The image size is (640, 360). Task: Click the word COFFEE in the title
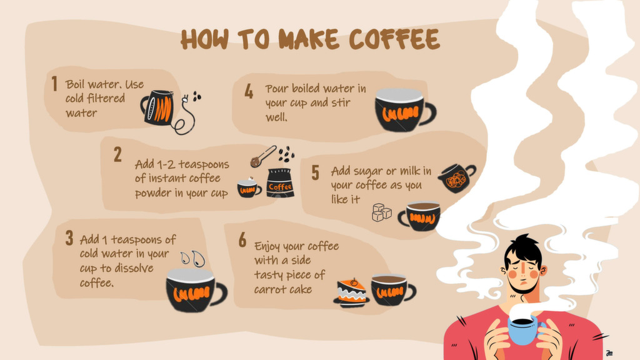coord(394,39)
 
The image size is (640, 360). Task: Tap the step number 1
coord(54,84)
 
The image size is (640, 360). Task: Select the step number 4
coord(249,91)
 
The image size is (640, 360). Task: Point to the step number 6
coord(242,239)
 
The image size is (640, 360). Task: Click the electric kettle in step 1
coord(157,107)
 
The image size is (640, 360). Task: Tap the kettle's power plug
coord(186,98)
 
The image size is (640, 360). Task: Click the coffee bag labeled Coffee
coord(280,183)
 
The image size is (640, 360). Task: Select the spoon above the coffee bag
coord(263,157)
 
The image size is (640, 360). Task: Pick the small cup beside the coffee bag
coord(249,187)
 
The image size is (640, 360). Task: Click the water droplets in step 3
coord(193,258)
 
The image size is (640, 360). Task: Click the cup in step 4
coord(405,110)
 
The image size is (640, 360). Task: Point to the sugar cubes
coord(381,212)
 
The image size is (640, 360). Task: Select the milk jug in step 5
coord(457,178)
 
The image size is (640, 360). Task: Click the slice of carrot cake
coord(351,292)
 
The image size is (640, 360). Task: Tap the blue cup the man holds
coord(524,329)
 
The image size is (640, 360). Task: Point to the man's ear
coord(543,270)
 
